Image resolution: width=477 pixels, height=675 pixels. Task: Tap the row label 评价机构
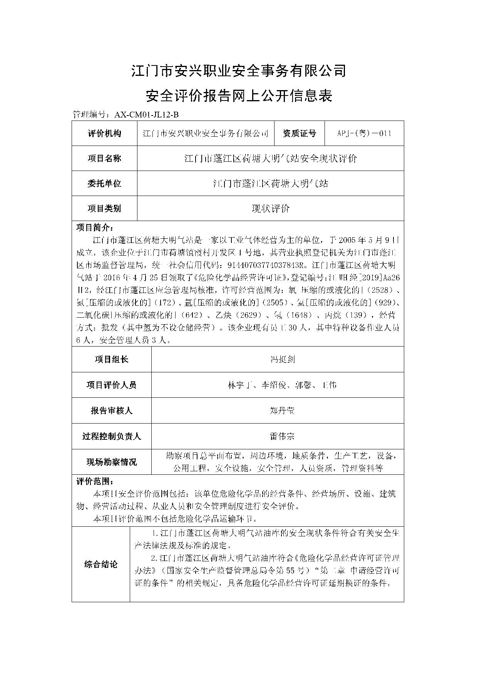[x=104, y=133]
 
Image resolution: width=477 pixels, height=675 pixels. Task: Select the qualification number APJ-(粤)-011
[x=364, y=133]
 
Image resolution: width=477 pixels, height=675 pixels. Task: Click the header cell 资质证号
[x=299, y=133]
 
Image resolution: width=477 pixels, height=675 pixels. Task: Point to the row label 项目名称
[x=104, y=158]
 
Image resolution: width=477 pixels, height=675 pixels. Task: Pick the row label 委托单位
[x=104, y=183]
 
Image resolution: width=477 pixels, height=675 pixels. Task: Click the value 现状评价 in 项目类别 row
[x=270, y=208]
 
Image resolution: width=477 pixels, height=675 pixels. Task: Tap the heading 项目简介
[x=94, y=227]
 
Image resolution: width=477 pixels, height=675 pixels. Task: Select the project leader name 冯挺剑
[x=283, y=359]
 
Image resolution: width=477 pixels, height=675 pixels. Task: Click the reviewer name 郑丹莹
[x=283, y=410]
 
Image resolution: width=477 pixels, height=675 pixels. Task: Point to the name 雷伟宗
[x=283, y=436]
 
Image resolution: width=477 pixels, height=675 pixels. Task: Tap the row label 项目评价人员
[x=111, y=385]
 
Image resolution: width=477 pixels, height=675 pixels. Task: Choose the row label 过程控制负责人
[x=111, y=436]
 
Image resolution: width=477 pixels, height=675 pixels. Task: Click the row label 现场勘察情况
[x=111, y=462]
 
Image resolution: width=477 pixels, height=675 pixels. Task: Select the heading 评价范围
[x=94, y=481]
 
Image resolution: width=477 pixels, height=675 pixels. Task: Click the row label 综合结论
[x=101, y=564]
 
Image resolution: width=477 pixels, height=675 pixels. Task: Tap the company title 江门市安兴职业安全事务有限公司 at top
[x=239, y=70]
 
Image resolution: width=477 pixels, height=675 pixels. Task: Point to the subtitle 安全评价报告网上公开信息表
[x=239, y=96]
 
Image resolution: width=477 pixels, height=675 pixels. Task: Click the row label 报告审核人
[x=111, y=410]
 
